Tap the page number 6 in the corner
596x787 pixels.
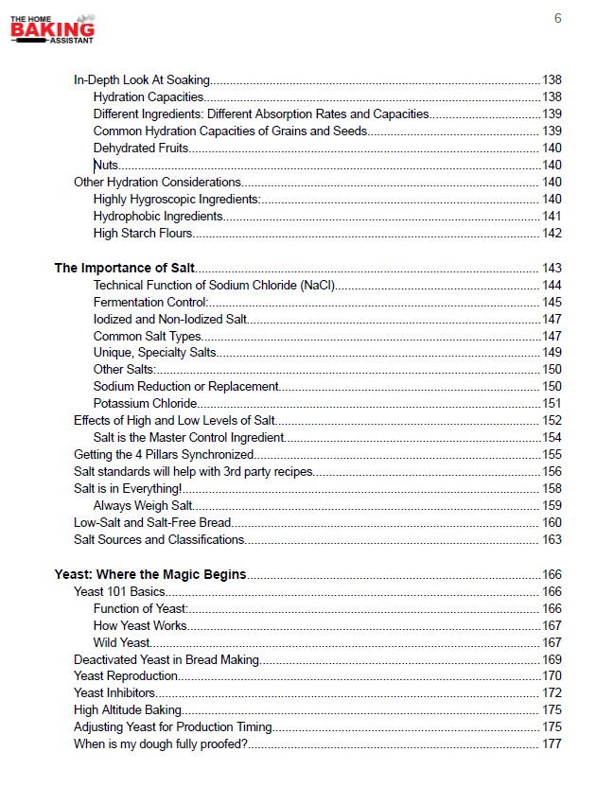coord(558,18)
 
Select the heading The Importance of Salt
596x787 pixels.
coord(125,268)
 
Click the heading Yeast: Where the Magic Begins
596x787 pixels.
coord(150,574)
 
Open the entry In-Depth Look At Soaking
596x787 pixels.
coord(142,79)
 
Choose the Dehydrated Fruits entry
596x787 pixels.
coord(141,148)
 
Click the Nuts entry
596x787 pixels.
coord(106,165)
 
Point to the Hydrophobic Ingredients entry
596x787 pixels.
coord(158,216)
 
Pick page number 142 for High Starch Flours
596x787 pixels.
coord(552,233)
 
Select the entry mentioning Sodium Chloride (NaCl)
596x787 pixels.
coord(215,285)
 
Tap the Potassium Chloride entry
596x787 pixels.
coord(145,403)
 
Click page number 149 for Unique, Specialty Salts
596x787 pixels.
coord(552,352)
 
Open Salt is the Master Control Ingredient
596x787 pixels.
coord(188,437)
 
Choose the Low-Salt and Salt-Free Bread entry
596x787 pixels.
coord(152,522)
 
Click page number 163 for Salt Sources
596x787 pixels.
coord(552,539)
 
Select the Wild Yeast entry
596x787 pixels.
coord(122,642)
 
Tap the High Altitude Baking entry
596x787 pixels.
coord(128,709)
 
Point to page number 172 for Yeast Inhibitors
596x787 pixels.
coord(552,692)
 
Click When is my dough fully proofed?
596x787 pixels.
coord(161,743)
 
